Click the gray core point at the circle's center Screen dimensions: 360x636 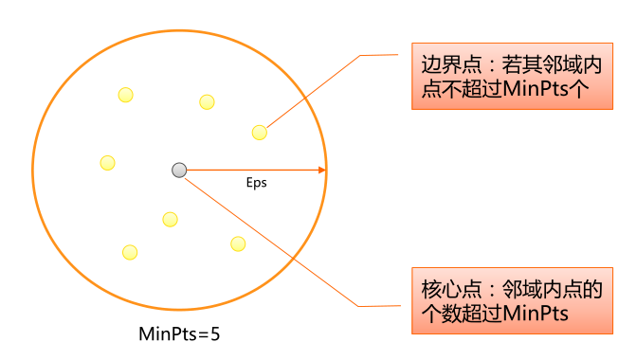pos(179,170)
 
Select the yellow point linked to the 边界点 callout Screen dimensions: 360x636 pos(259,132)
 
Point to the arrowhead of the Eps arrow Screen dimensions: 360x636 pos(322,171)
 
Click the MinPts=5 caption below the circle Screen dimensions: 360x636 pos(179,333)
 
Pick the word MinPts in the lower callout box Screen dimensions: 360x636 pos(536,314)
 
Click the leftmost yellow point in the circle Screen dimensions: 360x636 pos(108,163)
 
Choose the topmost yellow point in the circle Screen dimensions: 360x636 pos(125,94)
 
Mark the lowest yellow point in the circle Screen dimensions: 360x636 pos(130,252)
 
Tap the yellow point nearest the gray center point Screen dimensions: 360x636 pos(170,219)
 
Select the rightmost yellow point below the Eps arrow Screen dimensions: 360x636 pos(238,243)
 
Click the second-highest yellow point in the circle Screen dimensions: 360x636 pos(206,101)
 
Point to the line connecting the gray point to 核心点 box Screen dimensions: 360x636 pos(275,241)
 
